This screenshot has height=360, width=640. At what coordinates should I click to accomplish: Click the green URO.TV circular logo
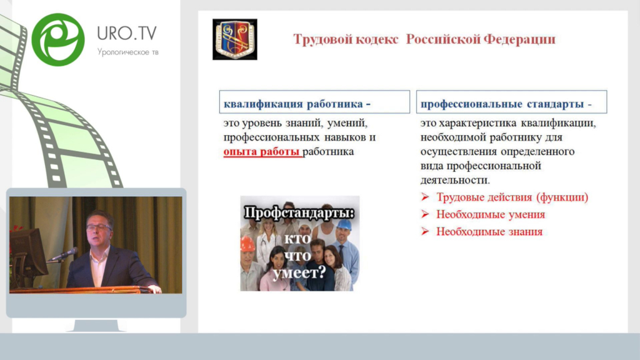point(58,39)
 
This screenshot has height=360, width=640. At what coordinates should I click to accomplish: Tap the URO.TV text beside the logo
point(127,33)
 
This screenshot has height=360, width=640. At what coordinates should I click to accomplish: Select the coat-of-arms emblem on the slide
point(235,39)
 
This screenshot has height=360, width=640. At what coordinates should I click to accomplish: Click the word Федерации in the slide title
point(519,39)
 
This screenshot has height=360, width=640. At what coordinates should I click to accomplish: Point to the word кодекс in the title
point(377,39)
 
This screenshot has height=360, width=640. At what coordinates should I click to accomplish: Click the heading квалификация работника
point(297,104)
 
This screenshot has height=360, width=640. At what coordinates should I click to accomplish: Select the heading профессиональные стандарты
point(506,104)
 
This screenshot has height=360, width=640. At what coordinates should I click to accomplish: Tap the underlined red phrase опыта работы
point(262,151)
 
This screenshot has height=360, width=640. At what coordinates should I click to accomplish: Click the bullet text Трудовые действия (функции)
point(512,197)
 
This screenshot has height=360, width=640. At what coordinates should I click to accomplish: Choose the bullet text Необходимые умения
point(491,214)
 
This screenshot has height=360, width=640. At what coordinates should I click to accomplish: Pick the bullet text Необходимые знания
point(489,231)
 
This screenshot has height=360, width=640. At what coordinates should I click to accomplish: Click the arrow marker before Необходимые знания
point(425,231)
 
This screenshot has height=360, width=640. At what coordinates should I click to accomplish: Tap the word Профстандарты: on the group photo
point(299,213)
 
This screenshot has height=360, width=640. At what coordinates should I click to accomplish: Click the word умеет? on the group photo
point(299,272)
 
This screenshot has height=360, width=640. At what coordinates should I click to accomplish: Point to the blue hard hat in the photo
point(344,225)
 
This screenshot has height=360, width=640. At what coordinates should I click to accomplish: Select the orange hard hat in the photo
point(247,244)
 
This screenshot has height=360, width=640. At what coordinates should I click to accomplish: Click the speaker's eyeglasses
point(98,227)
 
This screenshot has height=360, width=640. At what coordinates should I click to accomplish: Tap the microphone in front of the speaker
point(62,255)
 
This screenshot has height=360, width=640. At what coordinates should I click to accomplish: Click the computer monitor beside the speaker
point(27,251)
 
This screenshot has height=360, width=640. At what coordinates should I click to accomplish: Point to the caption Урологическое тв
point(127,52)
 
